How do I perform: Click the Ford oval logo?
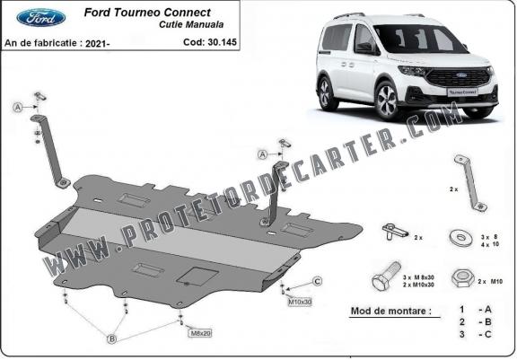40,17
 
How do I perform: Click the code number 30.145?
222,42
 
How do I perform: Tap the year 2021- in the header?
97,43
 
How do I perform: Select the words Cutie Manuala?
191,24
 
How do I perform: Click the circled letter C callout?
317,281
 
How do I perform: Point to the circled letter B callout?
112,338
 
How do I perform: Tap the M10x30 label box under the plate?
300,302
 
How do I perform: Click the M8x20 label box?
200,333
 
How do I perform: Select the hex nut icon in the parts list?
462,278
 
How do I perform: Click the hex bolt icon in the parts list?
387,276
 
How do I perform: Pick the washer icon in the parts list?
460,238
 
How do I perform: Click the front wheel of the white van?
387,101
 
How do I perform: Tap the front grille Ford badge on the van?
461,75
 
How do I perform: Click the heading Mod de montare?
391,311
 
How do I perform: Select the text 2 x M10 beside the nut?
490,282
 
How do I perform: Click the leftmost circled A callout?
18,107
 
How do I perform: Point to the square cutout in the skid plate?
197,277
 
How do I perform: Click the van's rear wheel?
326,93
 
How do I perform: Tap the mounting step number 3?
462,334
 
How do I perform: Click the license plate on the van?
462,92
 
